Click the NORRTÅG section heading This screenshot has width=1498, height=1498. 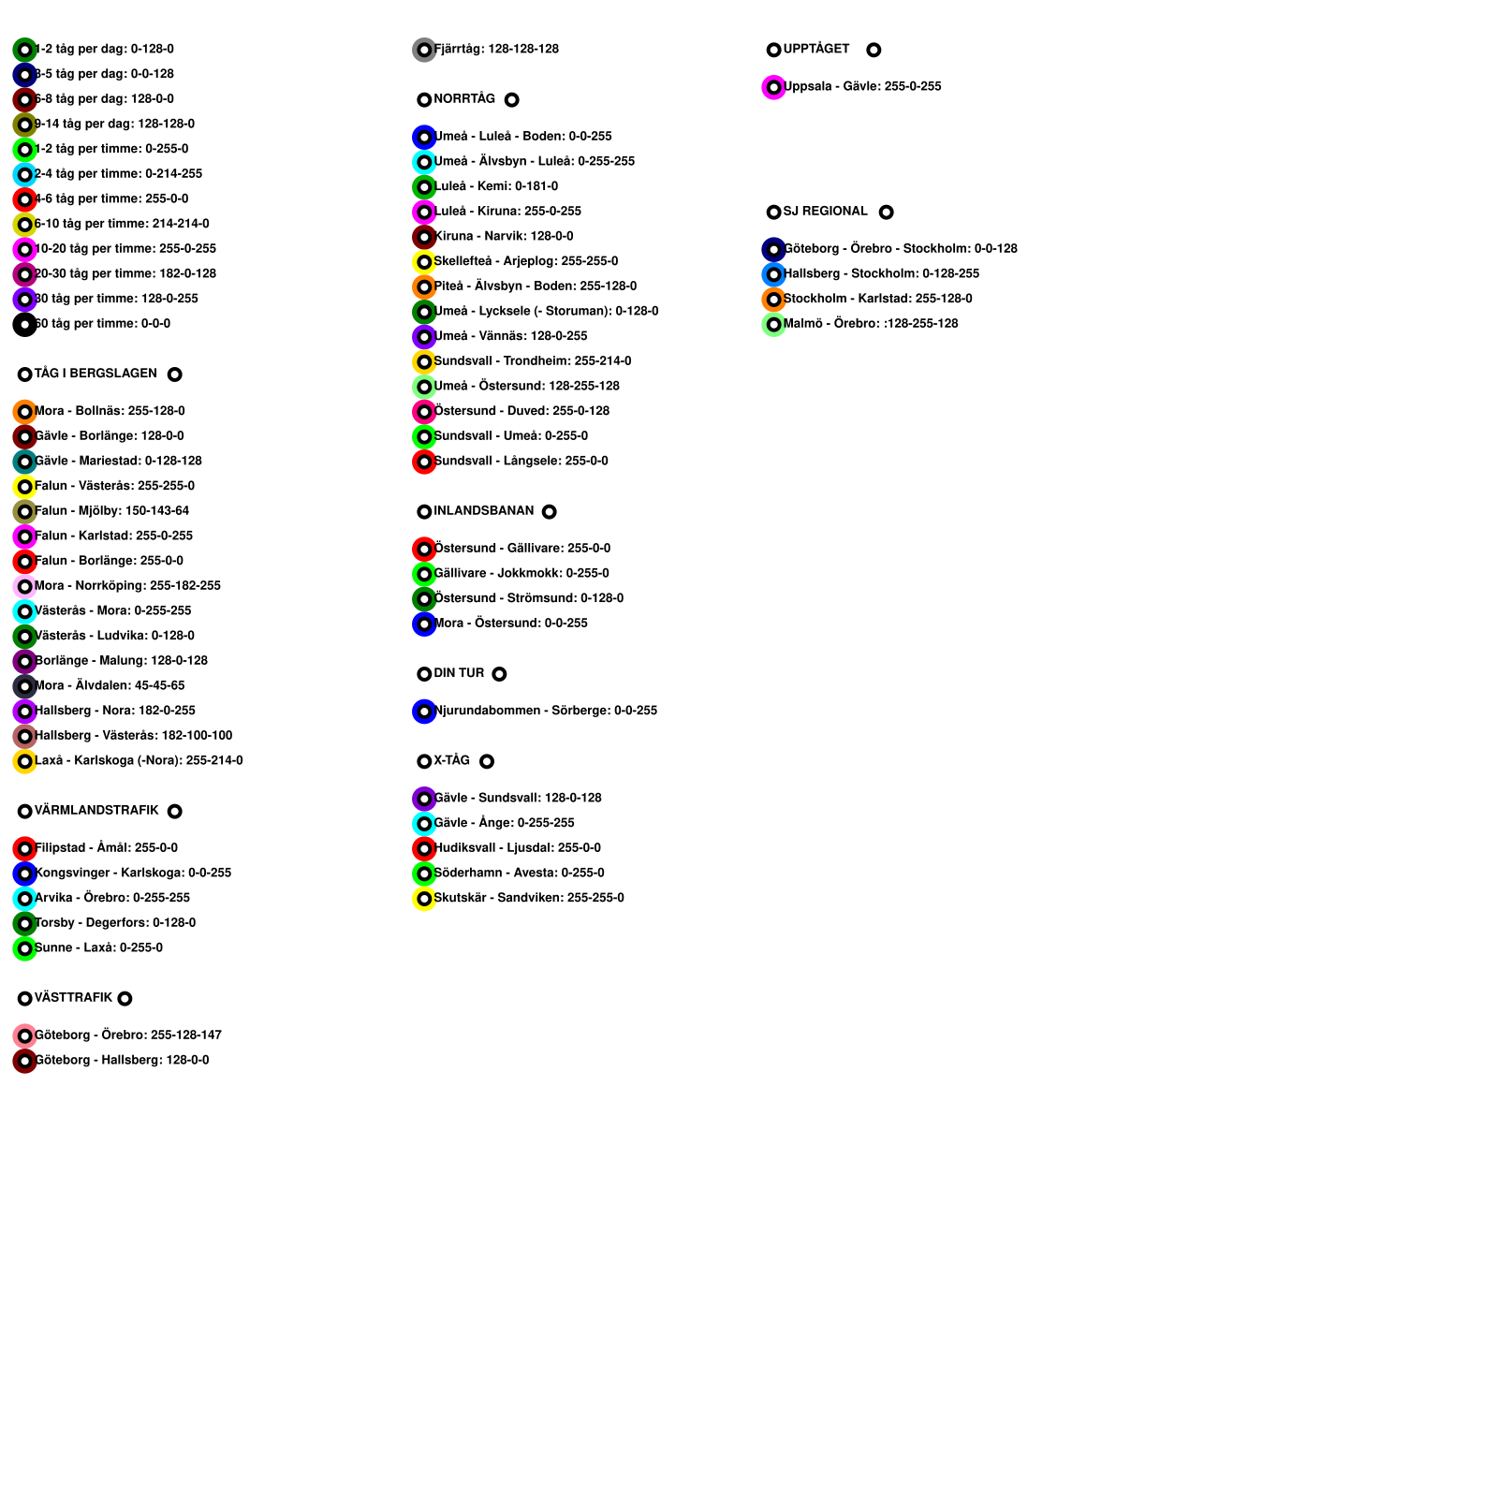coord(464,99)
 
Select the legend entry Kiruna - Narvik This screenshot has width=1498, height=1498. coord(504,237)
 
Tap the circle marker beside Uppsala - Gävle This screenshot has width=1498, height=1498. coord(773,87)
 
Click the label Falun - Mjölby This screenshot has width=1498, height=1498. coord(111,511)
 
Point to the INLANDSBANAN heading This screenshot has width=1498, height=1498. coord(483,511)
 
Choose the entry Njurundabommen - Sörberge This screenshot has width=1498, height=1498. coord(545,712)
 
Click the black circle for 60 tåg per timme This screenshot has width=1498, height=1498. coord(24,325)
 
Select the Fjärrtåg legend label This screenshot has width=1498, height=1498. coord(496,50)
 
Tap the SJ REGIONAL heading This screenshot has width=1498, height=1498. coord(825,212)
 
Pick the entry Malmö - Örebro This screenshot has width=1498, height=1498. coord(870,324)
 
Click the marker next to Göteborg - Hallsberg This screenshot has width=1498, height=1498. coord(24,1061)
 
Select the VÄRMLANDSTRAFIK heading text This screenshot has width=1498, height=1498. coord(96,811)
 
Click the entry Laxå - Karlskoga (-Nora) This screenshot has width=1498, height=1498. coord(139,761)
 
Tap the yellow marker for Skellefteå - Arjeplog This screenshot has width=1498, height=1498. coord(424,262)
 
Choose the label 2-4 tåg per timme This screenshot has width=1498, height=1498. coord(118,174)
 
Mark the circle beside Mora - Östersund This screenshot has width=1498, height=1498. coord(424,624)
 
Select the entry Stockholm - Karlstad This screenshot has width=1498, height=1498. coord(877,300)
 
